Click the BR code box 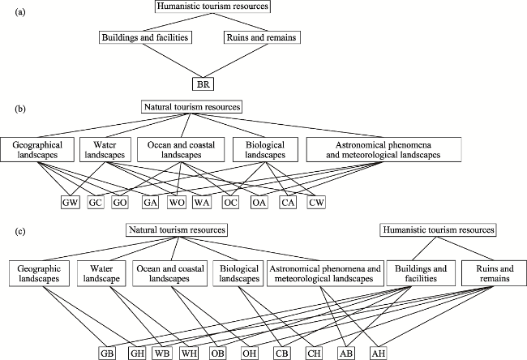203,84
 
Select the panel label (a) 20,13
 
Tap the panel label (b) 20,109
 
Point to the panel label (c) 20,232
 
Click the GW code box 71,203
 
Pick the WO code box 177,203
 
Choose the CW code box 316,203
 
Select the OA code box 259,203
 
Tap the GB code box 108,354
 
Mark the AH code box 379,354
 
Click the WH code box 190,354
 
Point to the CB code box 281,354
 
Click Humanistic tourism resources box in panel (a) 212,6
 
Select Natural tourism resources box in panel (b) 192,107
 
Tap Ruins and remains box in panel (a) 262,37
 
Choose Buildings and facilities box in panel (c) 421,273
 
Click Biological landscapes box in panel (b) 265,149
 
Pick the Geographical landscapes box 37,149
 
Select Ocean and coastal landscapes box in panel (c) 169,273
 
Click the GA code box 150,203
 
